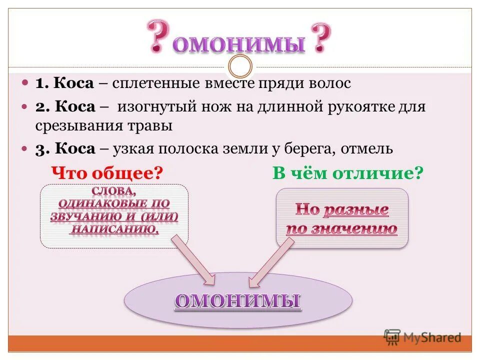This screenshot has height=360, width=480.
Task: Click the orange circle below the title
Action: click(240, 66)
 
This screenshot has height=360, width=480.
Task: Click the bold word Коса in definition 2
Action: click(74, 107)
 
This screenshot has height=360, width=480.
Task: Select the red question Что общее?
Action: click(108, 173)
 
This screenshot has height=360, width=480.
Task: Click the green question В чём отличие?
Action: click(348, 173)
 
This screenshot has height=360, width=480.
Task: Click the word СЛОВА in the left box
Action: click(113, 191)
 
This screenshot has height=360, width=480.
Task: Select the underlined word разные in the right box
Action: click(355, 210)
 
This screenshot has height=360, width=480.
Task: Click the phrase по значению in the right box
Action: click(341, 229)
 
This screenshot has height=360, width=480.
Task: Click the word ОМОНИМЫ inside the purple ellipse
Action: click(237, 301)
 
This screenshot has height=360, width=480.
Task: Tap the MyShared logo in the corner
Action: click(422, 337)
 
